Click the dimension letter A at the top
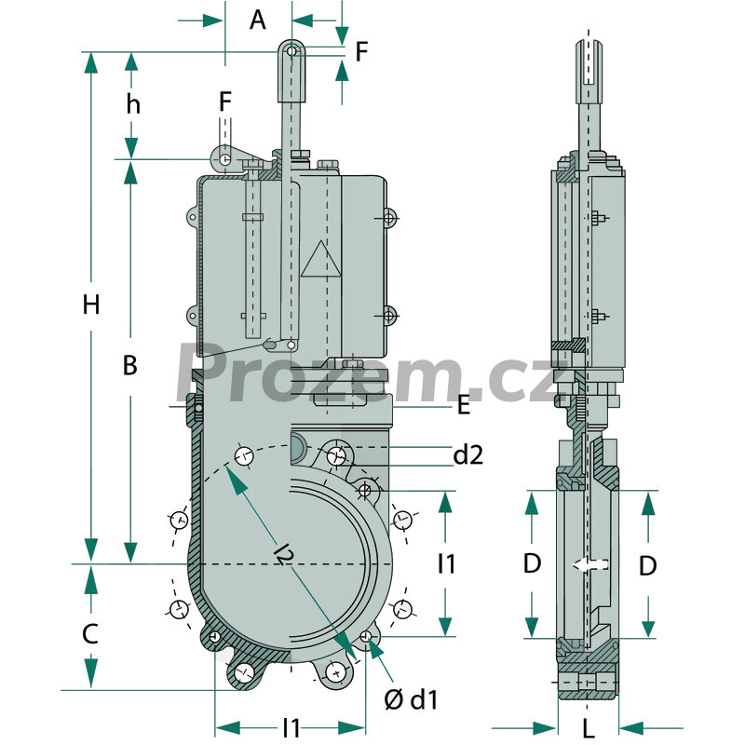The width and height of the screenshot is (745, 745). coord(258,20)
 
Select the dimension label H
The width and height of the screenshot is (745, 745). coord(91,305)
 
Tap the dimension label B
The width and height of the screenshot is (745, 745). coord(129,366)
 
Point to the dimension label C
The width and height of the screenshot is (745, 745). coord(90,634)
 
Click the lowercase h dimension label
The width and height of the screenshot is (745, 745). coord(133,104)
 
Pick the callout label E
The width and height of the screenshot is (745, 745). coord(463,405)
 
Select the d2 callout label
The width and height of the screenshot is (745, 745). coord(468,454)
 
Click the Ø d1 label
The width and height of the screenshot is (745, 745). coord(411,700)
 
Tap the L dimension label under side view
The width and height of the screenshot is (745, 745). coord(589,728)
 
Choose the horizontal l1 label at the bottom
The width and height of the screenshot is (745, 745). coord(291,728)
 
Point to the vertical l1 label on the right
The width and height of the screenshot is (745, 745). coord(446,564)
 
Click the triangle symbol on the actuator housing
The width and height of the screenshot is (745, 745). coord(321,259)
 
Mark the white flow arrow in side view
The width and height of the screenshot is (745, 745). coord(590,564)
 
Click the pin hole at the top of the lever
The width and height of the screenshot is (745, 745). coord(292,50)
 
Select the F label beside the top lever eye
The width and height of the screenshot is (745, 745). coord(362,51)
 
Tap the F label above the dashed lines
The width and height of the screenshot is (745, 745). coord(225,102)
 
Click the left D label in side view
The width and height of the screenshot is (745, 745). coord(532,564)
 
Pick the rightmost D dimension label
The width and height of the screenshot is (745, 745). coord(648,566)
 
